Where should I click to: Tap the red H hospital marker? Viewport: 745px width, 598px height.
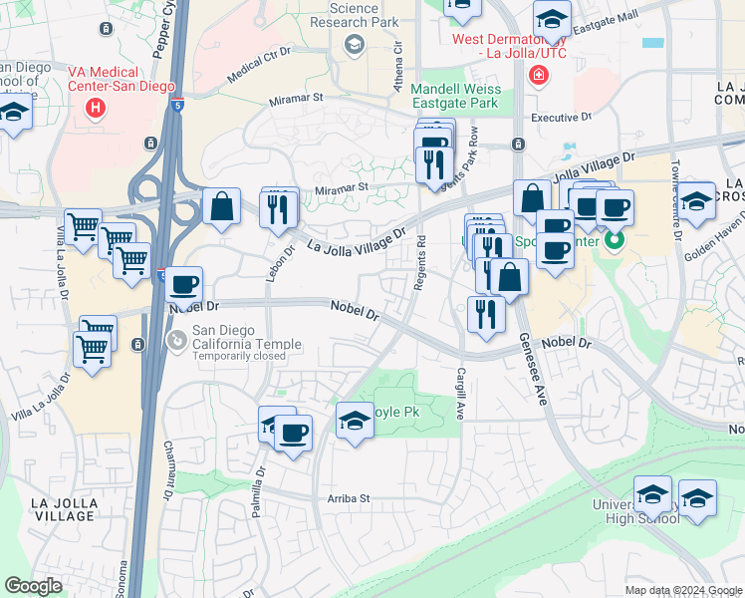pyautogui.click(x=96, y=107)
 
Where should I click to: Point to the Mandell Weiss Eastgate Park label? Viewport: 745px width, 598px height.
pyautogui.click(x=454, y=95)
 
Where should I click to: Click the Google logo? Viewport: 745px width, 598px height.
pyautogui.click(x=33, y=586)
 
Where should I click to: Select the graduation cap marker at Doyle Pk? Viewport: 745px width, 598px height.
pyautogui.click(x=355, y=420)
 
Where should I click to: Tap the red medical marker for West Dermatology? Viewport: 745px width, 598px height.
pyautogui.click(x=539, y=75)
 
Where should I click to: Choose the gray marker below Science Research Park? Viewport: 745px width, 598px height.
pyautogui.click(x=353, y=43)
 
